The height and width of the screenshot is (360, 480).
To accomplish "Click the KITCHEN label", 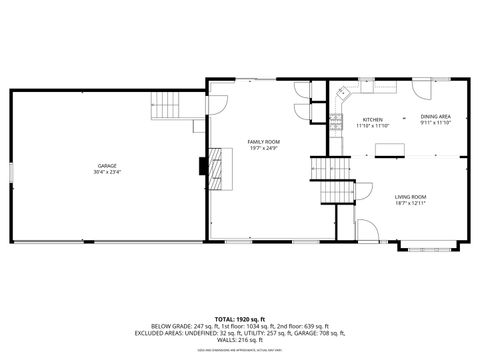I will click(372, 119).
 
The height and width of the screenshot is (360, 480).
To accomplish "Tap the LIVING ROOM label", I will click(410, 197).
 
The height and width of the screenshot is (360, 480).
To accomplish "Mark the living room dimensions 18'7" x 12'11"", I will click(410, 204).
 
